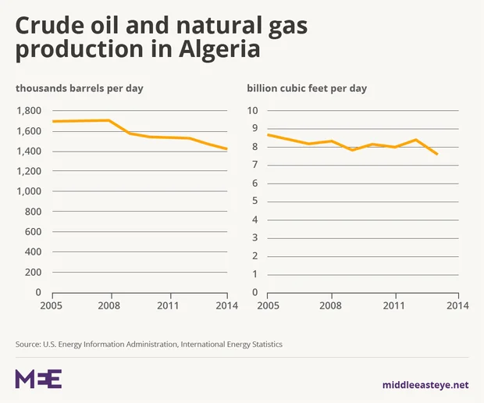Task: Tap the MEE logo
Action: coord(38,379)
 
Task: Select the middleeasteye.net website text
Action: coord(425,384)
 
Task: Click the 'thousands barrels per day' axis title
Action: coord(80,87)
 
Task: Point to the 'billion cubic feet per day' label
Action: coord(307,87)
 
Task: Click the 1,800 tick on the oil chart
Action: coord(29,110)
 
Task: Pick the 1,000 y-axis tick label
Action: coord(29,191)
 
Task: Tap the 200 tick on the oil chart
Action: coord(34,272)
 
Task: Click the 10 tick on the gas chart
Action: coord(253,110)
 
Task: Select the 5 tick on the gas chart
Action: coord(255,201)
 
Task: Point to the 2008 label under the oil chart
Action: coord(110,305)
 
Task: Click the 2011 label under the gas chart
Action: coord(395,305)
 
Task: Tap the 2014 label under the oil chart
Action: coord(227,305)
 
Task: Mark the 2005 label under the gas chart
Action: coord(269,305)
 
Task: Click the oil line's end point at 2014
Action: coord(227,149)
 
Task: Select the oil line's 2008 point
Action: coord(110,120)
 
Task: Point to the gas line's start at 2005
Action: coord(269,135)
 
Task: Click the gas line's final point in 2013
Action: coord(437,154)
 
